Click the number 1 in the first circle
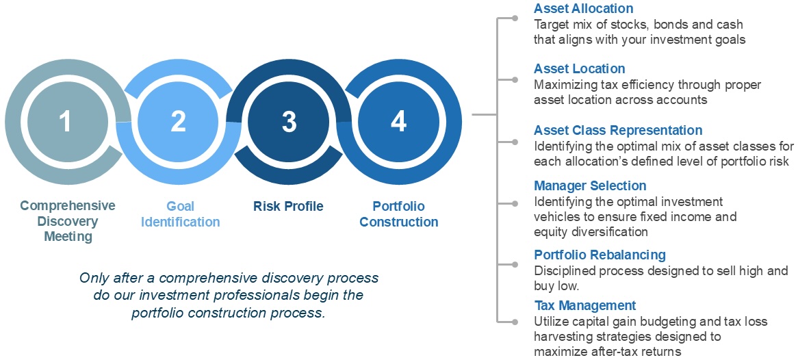point(65,123)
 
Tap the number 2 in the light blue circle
point(178,123)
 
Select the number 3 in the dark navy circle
point(289,123)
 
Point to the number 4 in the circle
point(399,123)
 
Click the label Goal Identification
point(180,214)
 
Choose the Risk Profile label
point(289,207)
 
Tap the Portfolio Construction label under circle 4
point(399,214)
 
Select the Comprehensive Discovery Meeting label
point(68,222)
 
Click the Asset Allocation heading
point(583,9)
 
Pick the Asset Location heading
point(579,68)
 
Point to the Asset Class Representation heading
point(618,130)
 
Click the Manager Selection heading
point(590,186)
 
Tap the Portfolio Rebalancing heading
point(600,255)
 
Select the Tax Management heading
point(584,305)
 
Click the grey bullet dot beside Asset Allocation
point(515,18)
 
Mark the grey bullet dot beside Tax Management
point(515,322)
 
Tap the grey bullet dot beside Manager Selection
point(515,204)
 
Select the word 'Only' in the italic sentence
point(92,279)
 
